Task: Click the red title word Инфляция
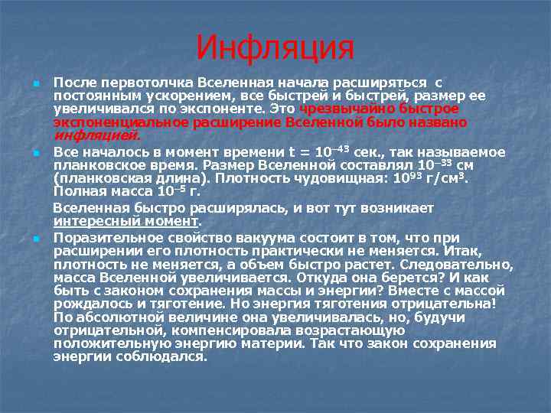(275, 48)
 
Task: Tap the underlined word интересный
(89, 221)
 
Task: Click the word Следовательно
(455, 264)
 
